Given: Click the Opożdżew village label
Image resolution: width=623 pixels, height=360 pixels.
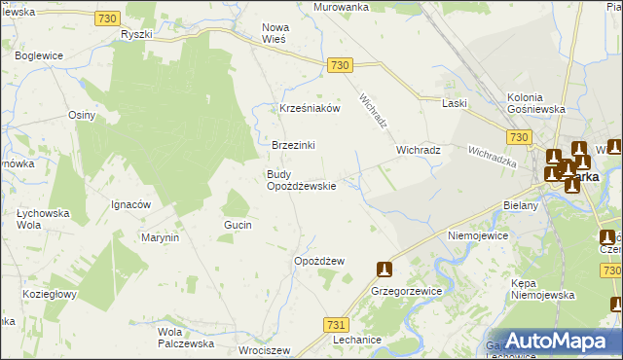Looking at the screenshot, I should [320, 261].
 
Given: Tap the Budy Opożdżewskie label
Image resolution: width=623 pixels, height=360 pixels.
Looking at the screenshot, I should [302, 180].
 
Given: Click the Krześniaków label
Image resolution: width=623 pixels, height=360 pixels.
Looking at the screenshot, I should [310, 109].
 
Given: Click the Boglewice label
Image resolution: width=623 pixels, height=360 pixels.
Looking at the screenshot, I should [40, 56].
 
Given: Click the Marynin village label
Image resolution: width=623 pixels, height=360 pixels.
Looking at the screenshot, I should [161, 237].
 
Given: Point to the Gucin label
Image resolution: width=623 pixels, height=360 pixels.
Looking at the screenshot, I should [238, 225].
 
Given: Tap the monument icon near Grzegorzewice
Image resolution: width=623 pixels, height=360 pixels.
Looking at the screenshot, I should [384, 269].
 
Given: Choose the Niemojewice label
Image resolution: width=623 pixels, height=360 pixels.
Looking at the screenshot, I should [477, 235].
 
